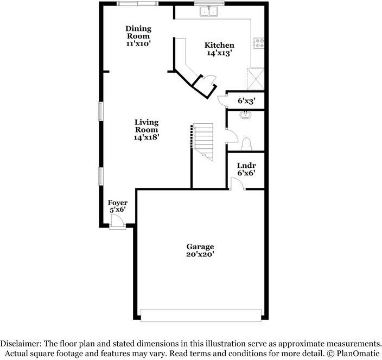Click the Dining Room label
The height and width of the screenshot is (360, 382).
coord(138,32)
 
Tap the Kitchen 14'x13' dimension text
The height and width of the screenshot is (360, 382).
coord(219,53)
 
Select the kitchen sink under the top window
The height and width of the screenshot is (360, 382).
coord(209,11)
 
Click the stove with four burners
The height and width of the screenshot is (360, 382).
coord(259,43)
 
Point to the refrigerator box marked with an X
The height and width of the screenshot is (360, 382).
coord(256,79)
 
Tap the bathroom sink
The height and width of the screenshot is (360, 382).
coord(245,115)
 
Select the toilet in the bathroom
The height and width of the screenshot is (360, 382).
coord(246,144)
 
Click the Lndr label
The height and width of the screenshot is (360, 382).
coord(246,166)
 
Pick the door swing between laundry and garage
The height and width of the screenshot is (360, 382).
coord(237,184)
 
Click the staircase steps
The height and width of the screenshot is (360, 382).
coord(203,142)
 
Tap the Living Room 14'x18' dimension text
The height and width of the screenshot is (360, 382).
coord(147,137)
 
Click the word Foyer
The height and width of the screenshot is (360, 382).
coord(118,203)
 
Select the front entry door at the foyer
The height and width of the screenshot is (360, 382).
coord(117,221)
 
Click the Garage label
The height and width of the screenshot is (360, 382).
coord(200,247)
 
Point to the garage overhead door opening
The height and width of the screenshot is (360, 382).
coord(201,315)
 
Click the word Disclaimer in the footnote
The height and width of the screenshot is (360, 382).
coord(21,344)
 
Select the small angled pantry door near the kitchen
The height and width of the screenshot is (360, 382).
coord(210,79)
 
